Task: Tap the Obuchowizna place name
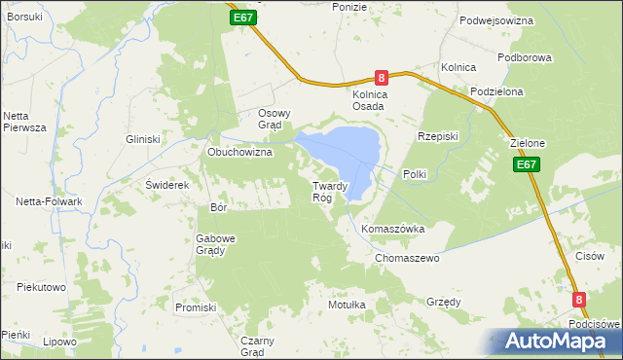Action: point(239,153)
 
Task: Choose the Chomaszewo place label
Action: point(408,259)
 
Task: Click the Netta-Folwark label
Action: point(48,201)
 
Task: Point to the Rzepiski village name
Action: point(437,136)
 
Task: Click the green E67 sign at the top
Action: point(244,18)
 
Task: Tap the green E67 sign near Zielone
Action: point(527,165)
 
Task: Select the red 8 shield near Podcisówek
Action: point(580,301)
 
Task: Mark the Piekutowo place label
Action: point(41,288)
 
